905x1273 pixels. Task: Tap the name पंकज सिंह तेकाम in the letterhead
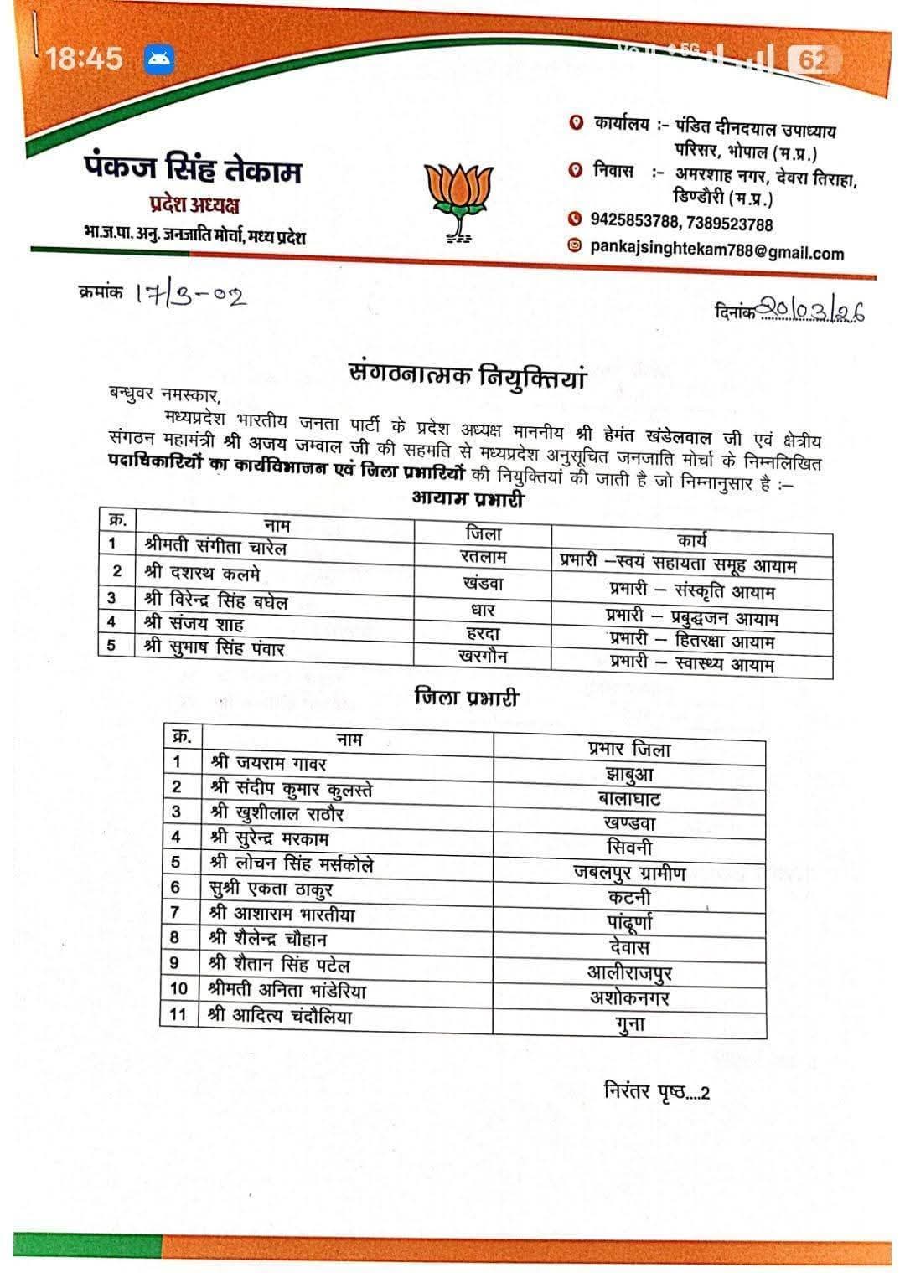[x=193, y=170]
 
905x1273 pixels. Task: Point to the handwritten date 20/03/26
[x=812, y=311]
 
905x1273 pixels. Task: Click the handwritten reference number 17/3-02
[x=191, y=296]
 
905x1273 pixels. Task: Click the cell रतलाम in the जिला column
[x=483, y=555]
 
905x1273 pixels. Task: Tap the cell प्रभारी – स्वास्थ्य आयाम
[x=692, y=663]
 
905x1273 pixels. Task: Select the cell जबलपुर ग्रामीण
[x=629, y=873]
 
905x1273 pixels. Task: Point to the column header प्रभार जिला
[x=629, y=749]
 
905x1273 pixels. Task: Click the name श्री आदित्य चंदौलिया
[x=280, y=1016]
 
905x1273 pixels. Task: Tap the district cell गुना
[x=628, y=1023]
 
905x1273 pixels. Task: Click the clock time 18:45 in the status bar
[x=84, y=59]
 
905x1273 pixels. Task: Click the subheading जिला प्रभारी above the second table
[x=467, y=697]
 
